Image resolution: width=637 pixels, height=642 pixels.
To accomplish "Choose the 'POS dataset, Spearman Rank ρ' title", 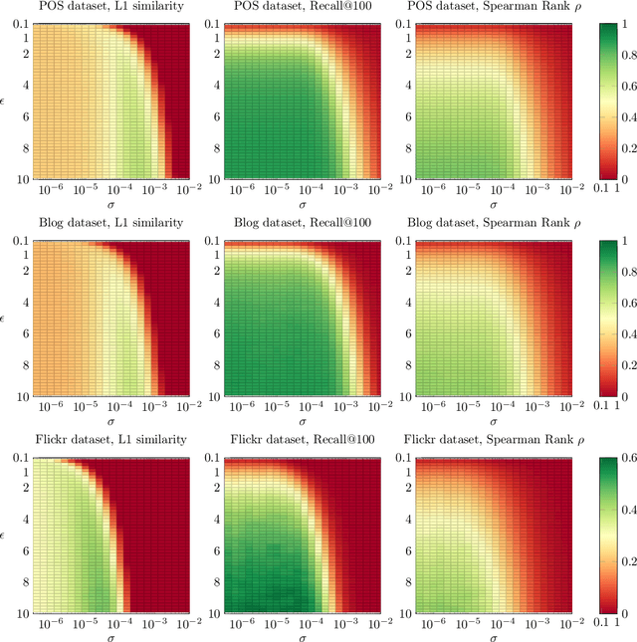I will (484, 8).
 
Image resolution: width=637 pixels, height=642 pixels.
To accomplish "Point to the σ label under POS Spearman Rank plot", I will (485, 204).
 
